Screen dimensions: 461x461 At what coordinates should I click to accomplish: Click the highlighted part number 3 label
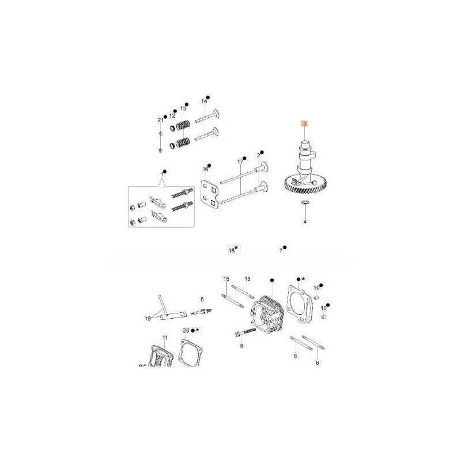[x=305, y=124]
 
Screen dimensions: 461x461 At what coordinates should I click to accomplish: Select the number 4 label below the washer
[x=305, y=222]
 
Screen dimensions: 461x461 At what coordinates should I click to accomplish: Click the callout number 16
[x=205, y=169]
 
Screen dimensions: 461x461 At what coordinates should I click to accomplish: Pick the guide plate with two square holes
[x=210, y=194]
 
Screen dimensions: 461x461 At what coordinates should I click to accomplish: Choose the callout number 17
[x=240, y=162]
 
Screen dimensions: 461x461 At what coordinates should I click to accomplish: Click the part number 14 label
[x=204, y=101]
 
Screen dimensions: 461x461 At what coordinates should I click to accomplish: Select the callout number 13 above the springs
[x=183, y=108]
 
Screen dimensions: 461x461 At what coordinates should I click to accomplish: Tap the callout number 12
[x=172, y=116]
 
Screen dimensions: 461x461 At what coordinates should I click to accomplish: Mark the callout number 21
[x=161, y=120]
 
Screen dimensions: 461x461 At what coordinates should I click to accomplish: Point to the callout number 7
[x=281, y=251]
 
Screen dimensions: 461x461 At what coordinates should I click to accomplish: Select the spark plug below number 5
[x=202, y=311]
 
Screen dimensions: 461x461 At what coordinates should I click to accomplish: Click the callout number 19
[x=148, y=319]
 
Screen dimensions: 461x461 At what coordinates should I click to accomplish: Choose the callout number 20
[x=186, y=330]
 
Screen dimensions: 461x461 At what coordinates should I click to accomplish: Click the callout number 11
[x=165, y=338]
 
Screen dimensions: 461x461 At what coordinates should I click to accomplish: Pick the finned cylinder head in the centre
[x=267, y=315]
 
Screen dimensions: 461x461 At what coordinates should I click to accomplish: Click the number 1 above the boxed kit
[x=162, y=175]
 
